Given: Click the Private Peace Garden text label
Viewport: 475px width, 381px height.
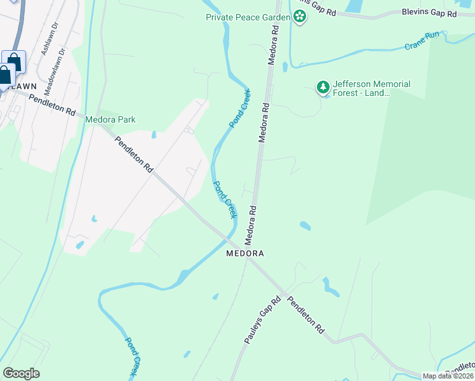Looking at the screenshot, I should [248, 17].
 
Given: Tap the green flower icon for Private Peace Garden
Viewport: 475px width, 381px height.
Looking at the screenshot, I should [299, 17].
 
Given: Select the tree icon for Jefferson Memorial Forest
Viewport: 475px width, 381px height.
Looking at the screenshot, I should [323, 88].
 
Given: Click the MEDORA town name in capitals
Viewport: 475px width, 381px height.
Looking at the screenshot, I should [245, 253].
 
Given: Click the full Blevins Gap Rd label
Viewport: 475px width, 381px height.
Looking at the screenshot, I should [430, 13].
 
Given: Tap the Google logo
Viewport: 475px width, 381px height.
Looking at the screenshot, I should [21, 373].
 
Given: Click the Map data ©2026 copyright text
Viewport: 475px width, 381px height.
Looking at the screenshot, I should [448, 376].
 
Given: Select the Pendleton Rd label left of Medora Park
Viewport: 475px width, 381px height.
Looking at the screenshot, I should [52, 102].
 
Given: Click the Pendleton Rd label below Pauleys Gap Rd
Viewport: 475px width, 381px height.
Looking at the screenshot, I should [306, 315].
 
